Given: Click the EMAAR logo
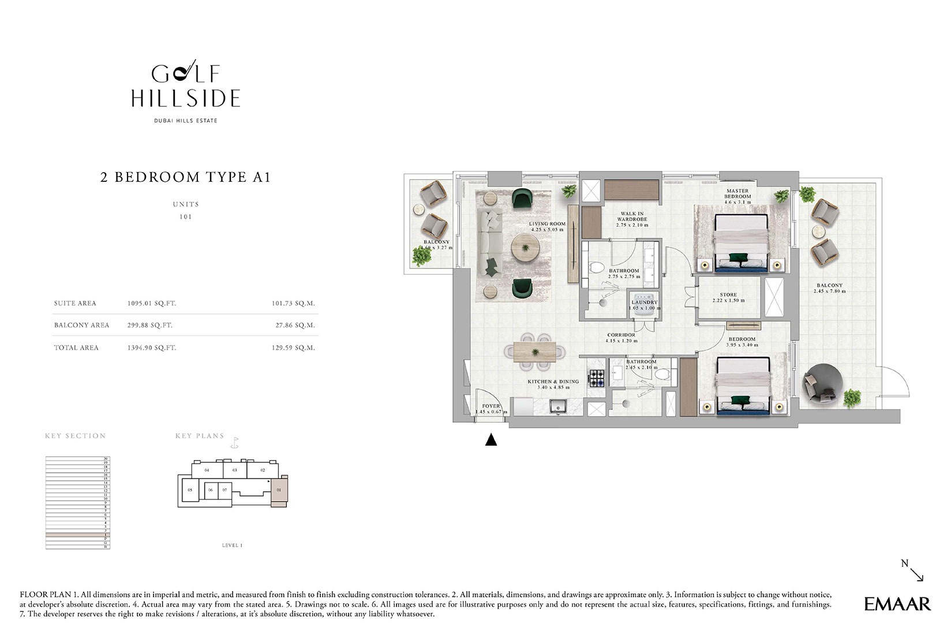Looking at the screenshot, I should coord(897,604).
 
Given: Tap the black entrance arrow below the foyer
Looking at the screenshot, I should coord(491,440).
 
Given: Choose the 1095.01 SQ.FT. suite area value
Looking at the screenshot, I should coord(152,303).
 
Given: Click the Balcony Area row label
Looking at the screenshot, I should coord(81,325).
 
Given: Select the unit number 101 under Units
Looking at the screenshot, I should coord(185,217).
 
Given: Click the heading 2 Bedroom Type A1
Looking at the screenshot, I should coord(185,177).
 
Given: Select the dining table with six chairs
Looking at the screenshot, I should coord(535,352).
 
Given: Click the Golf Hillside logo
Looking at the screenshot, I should coord(185,87).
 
